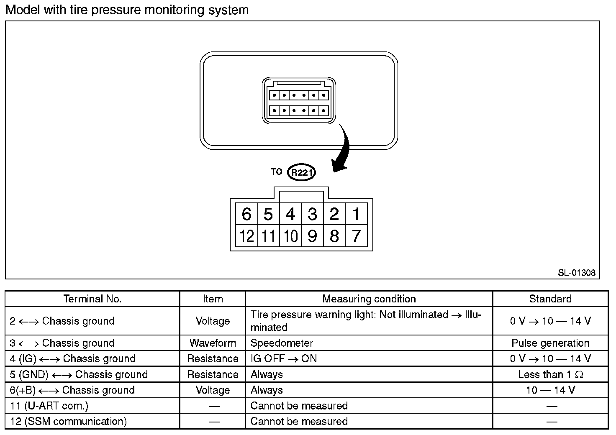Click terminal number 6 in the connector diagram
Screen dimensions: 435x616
pos(246,214)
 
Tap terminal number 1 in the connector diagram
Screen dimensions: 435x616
pos(356,214)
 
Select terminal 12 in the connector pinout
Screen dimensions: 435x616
pos(246,236)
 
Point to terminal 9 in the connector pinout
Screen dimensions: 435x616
pos(312,236)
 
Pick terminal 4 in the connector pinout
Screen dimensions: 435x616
pos(290,214)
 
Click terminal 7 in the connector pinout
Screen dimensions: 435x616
pos(356,236)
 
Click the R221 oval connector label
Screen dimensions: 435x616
pos(302,172)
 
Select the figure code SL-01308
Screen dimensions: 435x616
pos(576,273)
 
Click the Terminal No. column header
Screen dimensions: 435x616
pos(92,299)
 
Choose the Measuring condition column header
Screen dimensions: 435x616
pos(369,299)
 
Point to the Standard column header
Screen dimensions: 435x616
pos(550,299)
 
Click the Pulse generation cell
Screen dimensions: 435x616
pos(550,343)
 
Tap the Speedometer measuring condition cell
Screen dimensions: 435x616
pos(282,343)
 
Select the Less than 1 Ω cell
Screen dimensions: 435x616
pos(550,374)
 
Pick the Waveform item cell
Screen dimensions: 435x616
pos(213,343)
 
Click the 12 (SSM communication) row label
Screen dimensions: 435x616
pos(68,421)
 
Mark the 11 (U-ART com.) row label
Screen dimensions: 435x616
pos(49,406)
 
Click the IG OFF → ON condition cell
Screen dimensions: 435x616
pos(284,359)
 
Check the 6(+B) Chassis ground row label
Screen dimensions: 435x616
pos(72,390)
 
